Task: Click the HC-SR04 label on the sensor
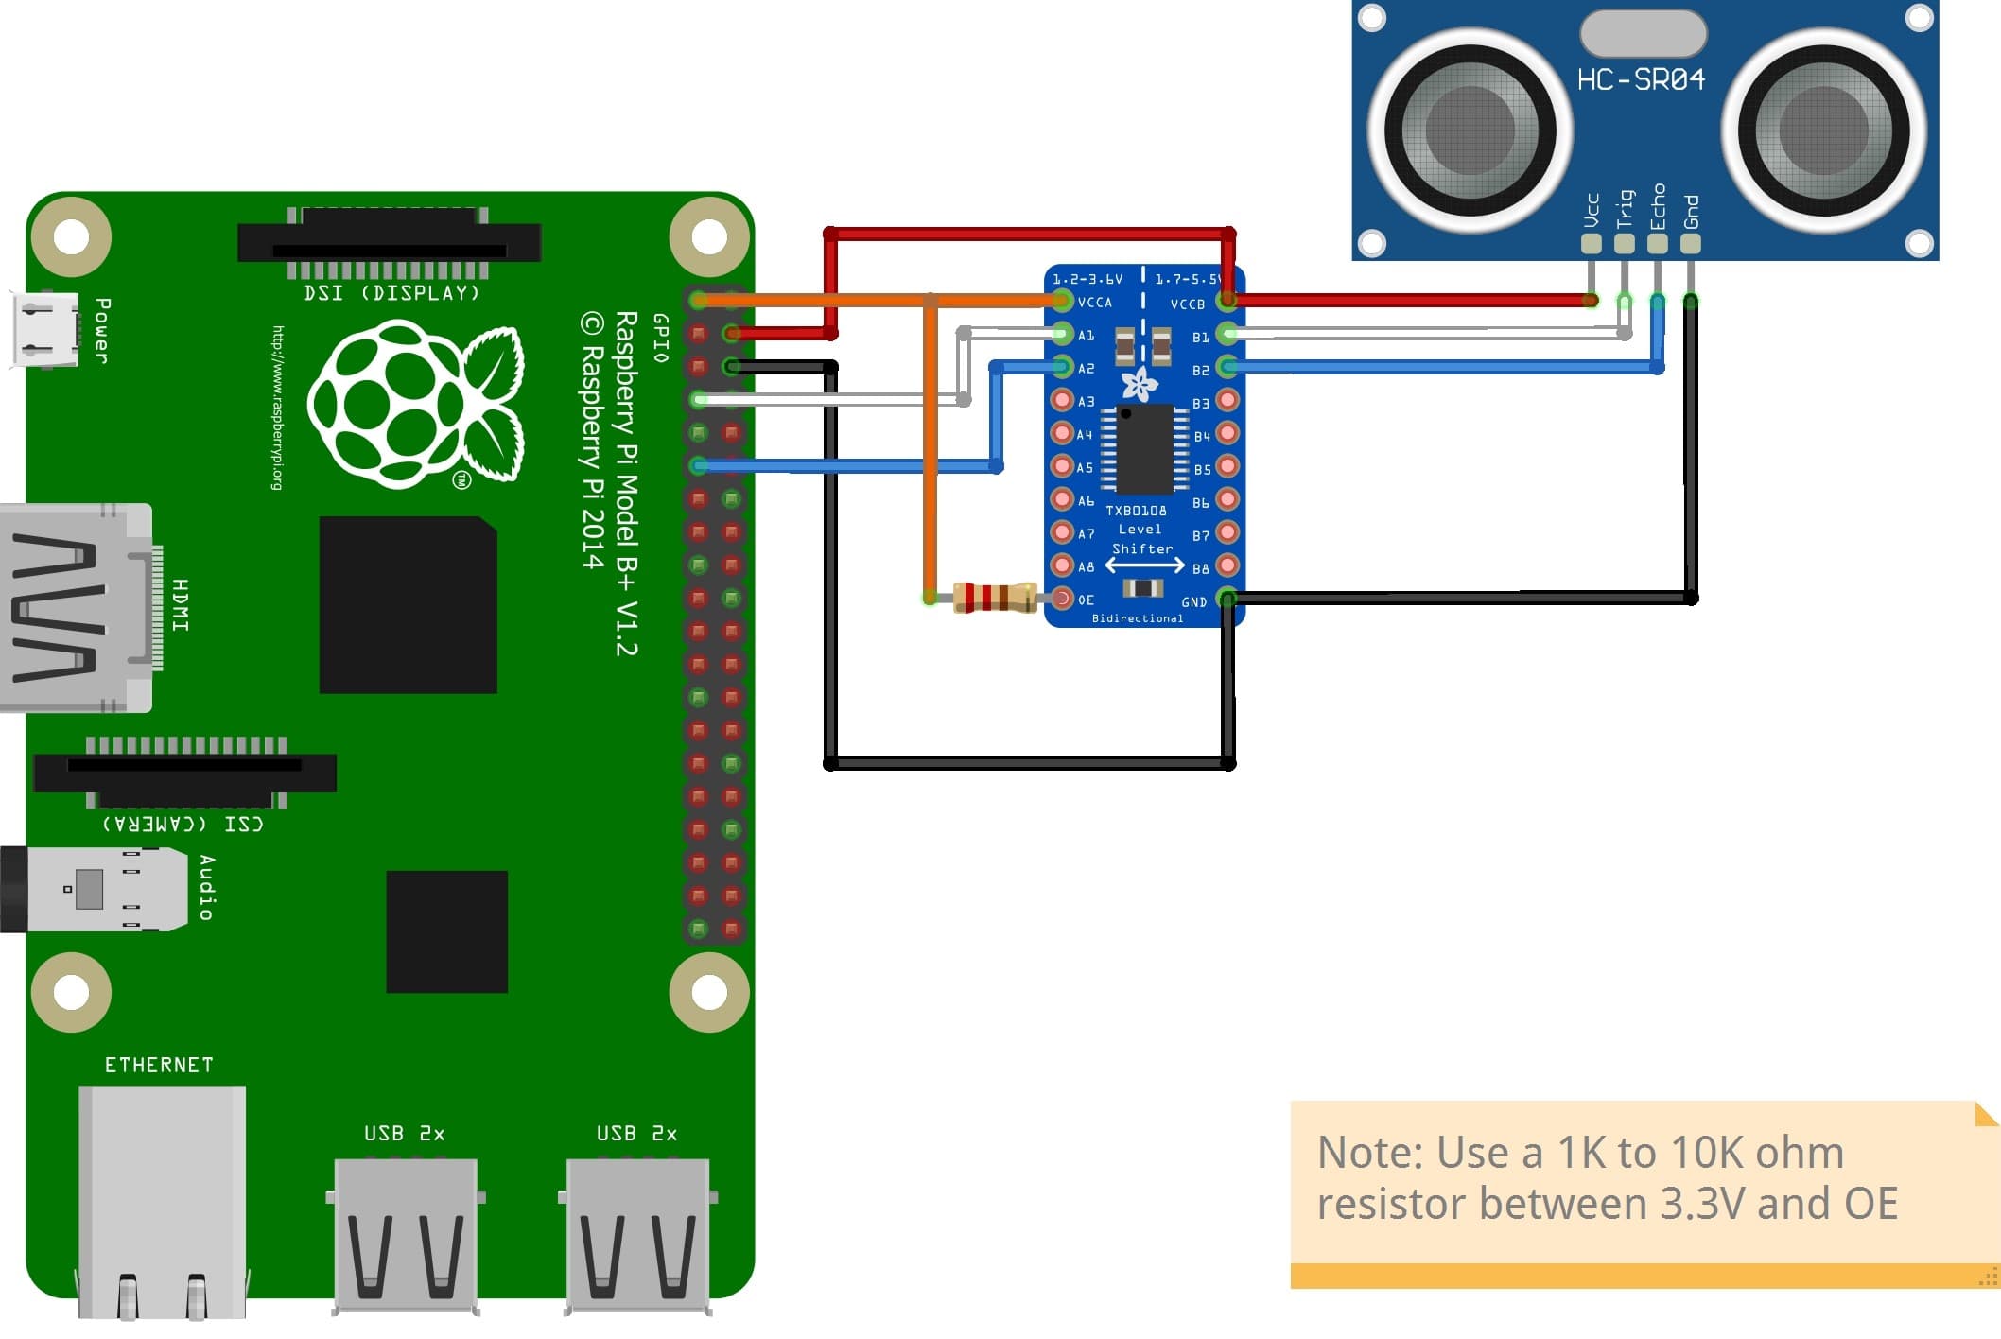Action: point(1641,79)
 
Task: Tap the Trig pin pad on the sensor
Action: point(1624,244)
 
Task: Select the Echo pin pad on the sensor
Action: point(1657,244)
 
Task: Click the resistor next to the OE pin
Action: point(994,598)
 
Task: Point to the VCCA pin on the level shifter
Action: point(1062,301)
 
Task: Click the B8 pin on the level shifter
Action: point(1227,565)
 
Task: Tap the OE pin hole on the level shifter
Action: point(1062,599)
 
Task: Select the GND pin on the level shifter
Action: point(1227,599)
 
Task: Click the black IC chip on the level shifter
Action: point(1144,449)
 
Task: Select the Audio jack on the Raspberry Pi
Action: point(95,889)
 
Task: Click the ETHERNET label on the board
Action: point(159,1065)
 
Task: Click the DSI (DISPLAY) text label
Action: point(391,293)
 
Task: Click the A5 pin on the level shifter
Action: point(1062,466)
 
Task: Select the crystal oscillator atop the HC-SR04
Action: point(1643,33)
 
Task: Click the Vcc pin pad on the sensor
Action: point(1591,244)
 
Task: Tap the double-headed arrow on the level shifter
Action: point(1144,565)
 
